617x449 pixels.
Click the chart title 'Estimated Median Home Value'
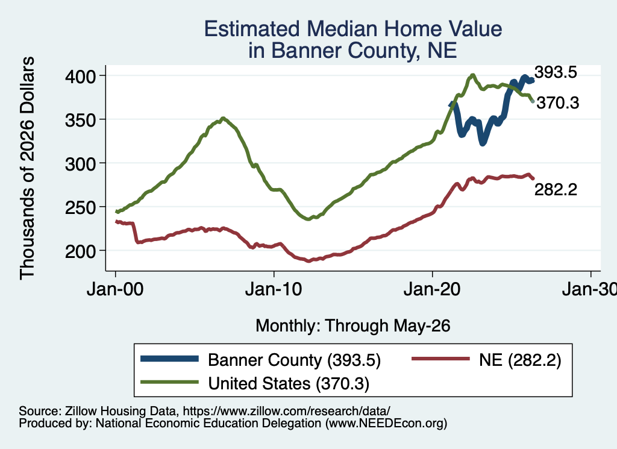353,29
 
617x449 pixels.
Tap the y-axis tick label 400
80,76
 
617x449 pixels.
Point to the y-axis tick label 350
80,119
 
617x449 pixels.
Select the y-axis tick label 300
80,163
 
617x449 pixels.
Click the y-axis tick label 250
80,207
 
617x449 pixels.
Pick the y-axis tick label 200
80,251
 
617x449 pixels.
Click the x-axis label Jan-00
115,289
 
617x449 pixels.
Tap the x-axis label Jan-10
274,289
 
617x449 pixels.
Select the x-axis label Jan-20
432,289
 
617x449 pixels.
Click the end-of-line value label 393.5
556,72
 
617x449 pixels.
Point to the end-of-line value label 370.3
558,102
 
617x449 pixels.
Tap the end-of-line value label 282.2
556,189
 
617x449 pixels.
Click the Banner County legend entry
261,360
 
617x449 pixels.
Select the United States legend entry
255,383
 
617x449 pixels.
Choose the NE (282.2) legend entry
486,360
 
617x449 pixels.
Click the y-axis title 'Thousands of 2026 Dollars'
27,168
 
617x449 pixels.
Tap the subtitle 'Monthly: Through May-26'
353,326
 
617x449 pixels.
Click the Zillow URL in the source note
286,411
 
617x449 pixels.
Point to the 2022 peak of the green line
472,75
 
